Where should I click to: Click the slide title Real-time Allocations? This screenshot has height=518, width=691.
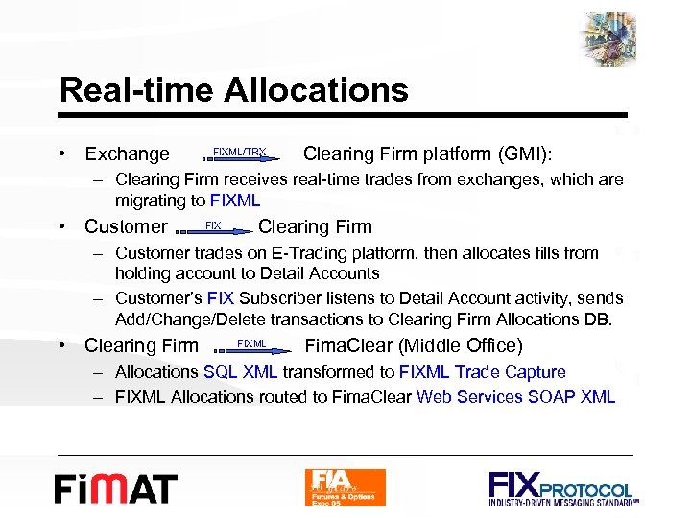tap(233, 91)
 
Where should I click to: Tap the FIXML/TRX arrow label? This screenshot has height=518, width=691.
tap(239, 153)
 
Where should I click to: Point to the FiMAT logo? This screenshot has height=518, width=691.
tap(115, 487)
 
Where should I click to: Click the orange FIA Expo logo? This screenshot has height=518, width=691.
tap(345, 487)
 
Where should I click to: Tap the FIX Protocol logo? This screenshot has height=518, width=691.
tap(560, 487)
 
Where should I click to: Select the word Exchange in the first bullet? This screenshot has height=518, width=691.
tap(127, 154)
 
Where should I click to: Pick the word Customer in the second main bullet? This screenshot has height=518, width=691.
tap(126, 227)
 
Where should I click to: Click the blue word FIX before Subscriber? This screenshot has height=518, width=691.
tap(221, 299)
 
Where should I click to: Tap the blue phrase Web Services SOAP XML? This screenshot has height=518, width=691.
tap(515, 396)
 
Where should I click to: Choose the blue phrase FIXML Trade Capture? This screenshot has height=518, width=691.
tap(482, 372)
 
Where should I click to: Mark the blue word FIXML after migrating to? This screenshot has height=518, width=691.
tap(234, 200)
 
